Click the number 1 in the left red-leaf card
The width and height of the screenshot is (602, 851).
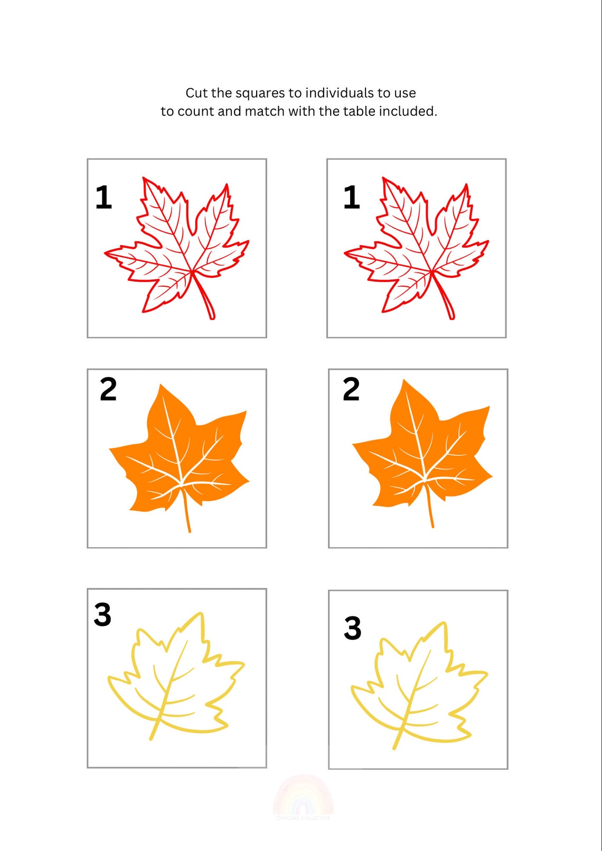point(104,198)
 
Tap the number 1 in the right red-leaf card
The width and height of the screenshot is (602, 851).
point(352,198)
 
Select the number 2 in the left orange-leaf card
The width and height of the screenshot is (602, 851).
point(108,390)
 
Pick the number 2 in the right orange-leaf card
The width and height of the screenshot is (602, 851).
point(351,390)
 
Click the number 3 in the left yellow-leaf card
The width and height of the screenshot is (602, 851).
point(102,615)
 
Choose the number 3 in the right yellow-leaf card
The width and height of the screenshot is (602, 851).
point(353,628)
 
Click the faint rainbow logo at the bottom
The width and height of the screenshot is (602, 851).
point(303,798)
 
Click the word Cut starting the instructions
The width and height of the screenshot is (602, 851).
point(196,93)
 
